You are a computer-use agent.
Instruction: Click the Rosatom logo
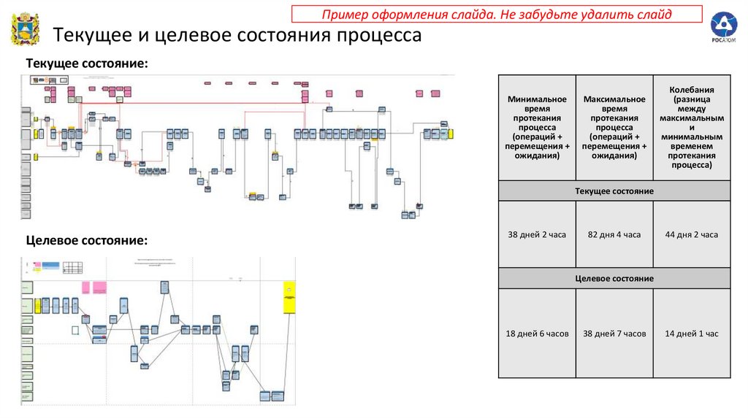724,28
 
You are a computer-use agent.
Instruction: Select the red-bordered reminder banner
497,14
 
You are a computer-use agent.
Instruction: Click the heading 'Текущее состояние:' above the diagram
87,65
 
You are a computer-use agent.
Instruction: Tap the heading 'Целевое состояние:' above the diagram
87,240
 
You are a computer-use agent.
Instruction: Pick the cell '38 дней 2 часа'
537,234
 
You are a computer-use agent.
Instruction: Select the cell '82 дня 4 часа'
614,234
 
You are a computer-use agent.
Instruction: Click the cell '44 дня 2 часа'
691,234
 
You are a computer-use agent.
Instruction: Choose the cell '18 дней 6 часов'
537,334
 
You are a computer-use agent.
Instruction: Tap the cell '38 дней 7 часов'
614,334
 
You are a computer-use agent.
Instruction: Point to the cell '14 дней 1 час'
691,334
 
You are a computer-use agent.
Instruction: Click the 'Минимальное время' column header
537,127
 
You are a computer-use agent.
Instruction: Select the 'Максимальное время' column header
614,127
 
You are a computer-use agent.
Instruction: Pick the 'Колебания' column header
691,127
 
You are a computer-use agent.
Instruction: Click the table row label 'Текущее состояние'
614,191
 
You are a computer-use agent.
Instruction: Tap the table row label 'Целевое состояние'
614,279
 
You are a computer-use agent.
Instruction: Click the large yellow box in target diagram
289,297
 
